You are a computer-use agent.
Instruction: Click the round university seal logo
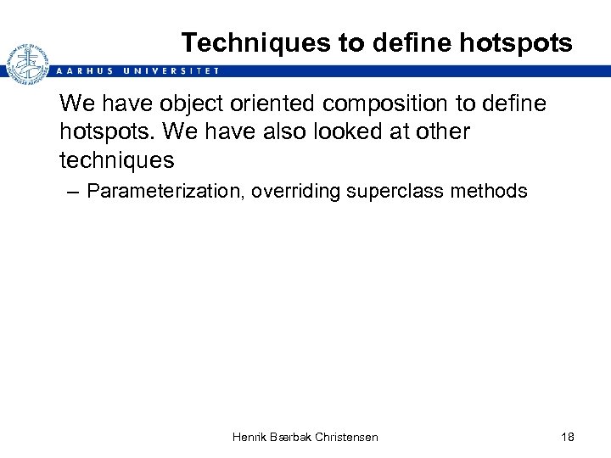(26, 63)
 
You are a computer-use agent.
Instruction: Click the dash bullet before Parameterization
(71, 192)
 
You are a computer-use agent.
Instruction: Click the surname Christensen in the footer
(346, 437)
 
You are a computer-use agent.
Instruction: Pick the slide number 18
(568, 437)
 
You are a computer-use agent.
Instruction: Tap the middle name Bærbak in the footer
(291, 437)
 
